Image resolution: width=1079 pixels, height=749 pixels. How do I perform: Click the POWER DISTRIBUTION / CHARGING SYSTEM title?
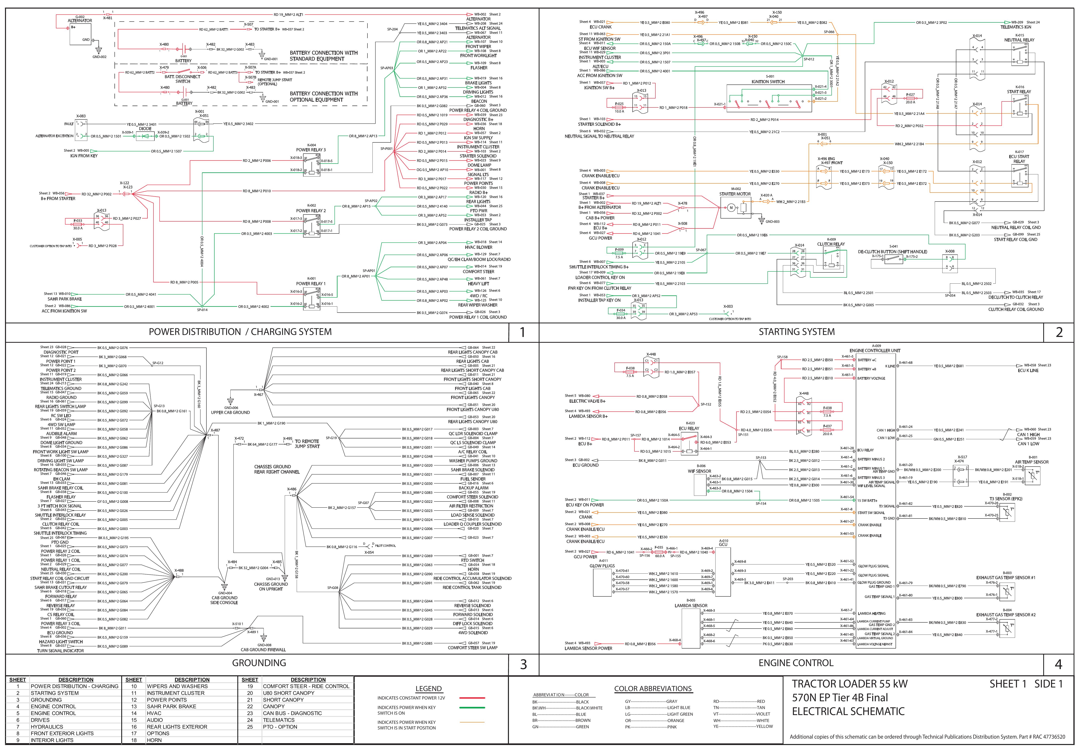(240, 332)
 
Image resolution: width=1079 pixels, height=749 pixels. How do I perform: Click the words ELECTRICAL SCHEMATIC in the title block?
(848, 711)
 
